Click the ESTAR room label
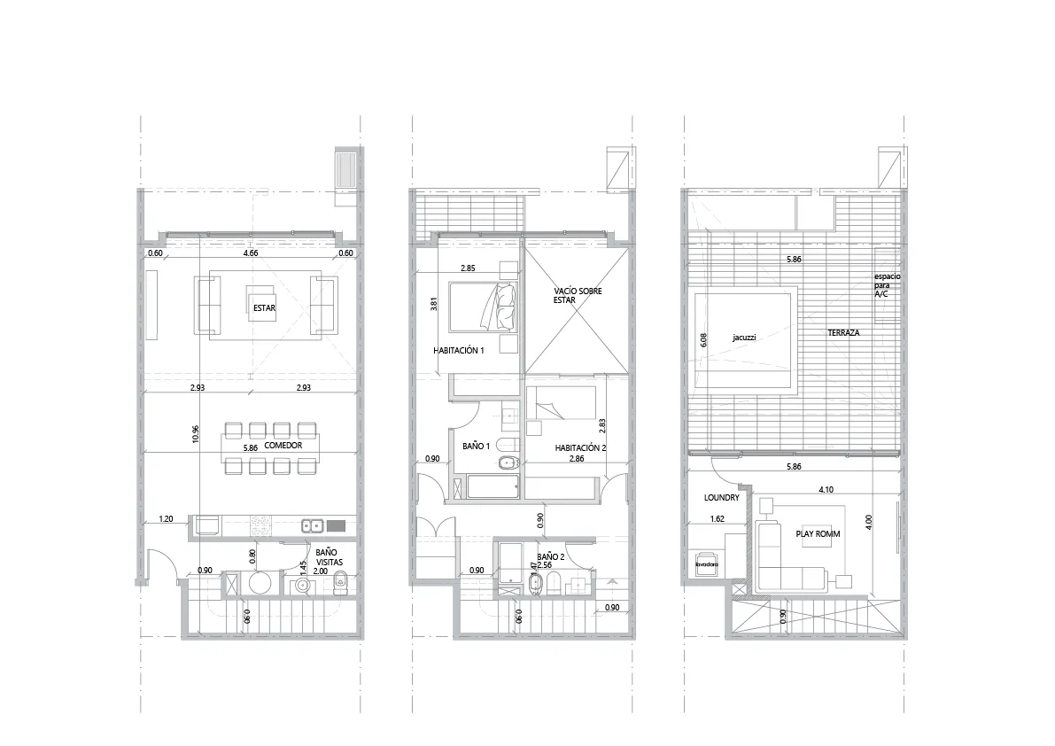tap(264, 310)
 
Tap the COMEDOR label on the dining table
tap(283, 447)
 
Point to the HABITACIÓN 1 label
tap(459, 351)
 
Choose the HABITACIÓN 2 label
tap(580, 447)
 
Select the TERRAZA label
tap(844, 333)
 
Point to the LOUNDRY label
tap(721, 498)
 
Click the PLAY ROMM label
tap(818, 535)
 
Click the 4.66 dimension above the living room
tap(251, 253)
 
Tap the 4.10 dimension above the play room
tap(826, 488)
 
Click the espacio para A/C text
tap(888, 284)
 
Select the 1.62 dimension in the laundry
tap(718, 520)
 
